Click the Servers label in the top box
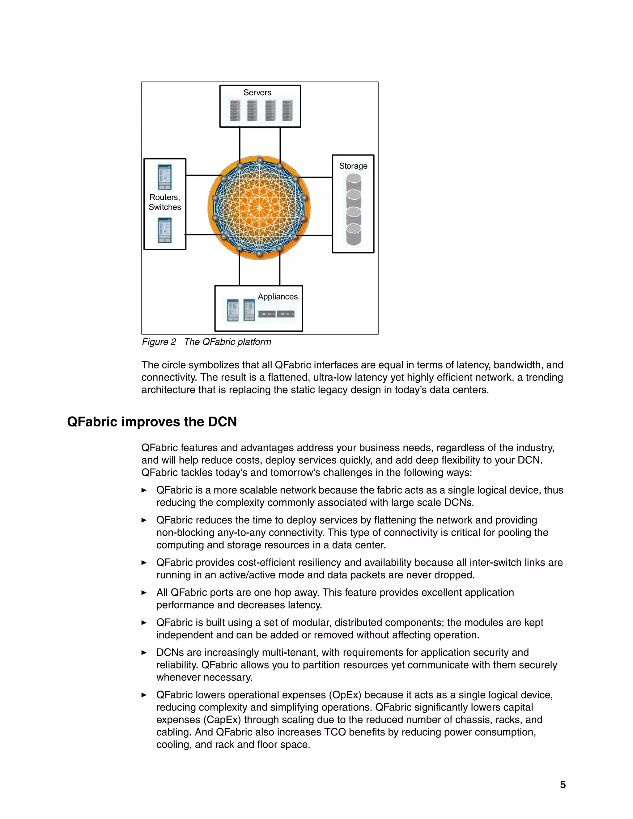(x=257, y=93)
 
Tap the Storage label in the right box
(x=353, y=166)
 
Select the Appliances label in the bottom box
(x=278, y=297)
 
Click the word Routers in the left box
(x=164, y=197)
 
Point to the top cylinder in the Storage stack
(x=354, y=182)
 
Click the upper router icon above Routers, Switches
(x=165, y=177)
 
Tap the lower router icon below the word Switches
(x=165, y=230)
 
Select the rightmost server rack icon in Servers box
(x=288, y=110)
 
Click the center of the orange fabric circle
(x=260, y=207)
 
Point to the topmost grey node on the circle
(x=260, y=160)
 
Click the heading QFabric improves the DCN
(x=152, y=422)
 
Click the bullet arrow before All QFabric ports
(x=144, y=592)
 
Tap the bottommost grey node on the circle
(x=260, y=254)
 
